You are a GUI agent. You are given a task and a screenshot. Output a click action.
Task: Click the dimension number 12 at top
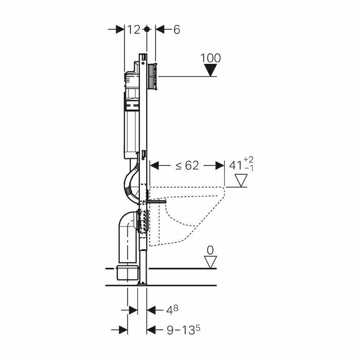[x=133, y=30]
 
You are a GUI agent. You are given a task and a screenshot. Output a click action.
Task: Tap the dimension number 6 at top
[x=176, y=30]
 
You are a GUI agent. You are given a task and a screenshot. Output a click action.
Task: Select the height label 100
[x=210, y=58]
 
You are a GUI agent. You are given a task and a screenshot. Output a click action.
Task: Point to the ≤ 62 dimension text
[x=187, y=165]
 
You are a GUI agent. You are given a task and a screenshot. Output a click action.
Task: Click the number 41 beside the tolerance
[x=236, y=165]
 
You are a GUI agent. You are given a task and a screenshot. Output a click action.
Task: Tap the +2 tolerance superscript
[x=248, y=159]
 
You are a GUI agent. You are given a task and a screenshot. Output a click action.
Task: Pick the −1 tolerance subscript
[x=249, y=168]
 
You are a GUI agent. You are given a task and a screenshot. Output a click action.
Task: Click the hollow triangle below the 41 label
[x=241, y=181]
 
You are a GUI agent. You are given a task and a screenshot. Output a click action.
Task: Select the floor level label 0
[x=210, y=250]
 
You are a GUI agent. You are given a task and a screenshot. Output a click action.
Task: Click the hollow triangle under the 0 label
[x=210, y=262]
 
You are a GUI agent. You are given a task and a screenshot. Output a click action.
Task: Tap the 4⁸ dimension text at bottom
[x=172, y=310]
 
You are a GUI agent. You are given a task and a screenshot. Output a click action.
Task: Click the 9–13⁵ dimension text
[x=183, y=330]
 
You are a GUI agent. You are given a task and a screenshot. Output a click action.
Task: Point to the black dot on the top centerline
[x=147, y=29]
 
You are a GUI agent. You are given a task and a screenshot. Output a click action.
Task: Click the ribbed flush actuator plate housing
[x=152, y=76]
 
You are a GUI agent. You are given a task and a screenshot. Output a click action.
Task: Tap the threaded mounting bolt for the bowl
[x=156, y=202]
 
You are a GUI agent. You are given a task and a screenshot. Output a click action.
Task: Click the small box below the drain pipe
[x=128, y=273]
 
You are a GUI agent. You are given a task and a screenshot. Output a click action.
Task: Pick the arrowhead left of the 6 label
[x=160, y=29]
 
